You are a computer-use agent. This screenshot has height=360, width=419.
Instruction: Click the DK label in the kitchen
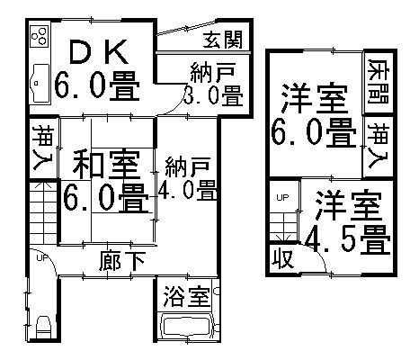tap(99, 52)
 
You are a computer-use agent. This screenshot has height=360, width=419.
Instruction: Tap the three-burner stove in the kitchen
tap(40, 36)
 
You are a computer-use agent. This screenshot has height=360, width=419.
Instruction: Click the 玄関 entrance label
tap(223, 40)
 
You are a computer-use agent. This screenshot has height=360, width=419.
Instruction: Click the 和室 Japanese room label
tap(106, 164)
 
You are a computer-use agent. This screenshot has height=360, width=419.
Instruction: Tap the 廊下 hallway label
tap(122, 262)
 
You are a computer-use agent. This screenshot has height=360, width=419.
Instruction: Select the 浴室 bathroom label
tap(187, 296)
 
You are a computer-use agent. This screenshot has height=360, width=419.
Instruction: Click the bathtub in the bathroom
tap(185, 327)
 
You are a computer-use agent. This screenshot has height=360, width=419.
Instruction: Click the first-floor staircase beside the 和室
tap(43, 211)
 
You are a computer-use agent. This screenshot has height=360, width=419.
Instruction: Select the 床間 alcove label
tap(379, 82)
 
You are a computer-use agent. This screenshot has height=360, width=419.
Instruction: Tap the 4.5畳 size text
tap(348, 240)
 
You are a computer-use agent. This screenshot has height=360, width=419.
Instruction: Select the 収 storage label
tap(282, 258)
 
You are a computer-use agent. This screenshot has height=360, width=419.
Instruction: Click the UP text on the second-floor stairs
tap(282, 198)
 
